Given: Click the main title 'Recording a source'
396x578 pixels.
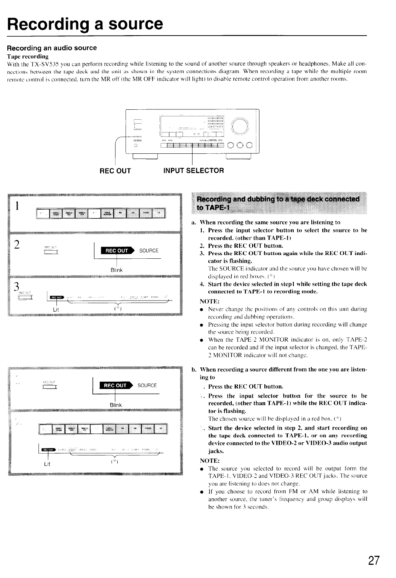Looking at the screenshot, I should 85,24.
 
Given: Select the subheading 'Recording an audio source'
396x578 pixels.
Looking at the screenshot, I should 52,48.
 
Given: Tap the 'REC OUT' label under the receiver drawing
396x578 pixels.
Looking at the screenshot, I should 115,171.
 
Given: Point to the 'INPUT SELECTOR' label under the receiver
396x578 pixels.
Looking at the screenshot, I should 193,171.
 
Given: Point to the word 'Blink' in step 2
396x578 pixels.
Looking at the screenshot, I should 116,270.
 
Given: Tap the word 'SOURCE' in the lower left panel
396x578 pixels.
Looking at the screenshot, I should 147,385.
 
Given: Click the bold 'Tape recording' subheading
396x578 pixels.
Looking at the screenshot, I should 28,57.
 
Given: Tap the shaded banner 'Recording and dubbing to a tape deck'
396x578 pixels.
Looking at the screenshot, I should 278,203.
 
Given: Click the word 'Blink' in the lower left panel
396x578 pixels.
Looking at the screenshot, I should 115,405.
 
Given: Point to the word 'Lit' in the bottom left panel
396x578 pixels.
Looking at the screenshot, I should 47,464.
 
